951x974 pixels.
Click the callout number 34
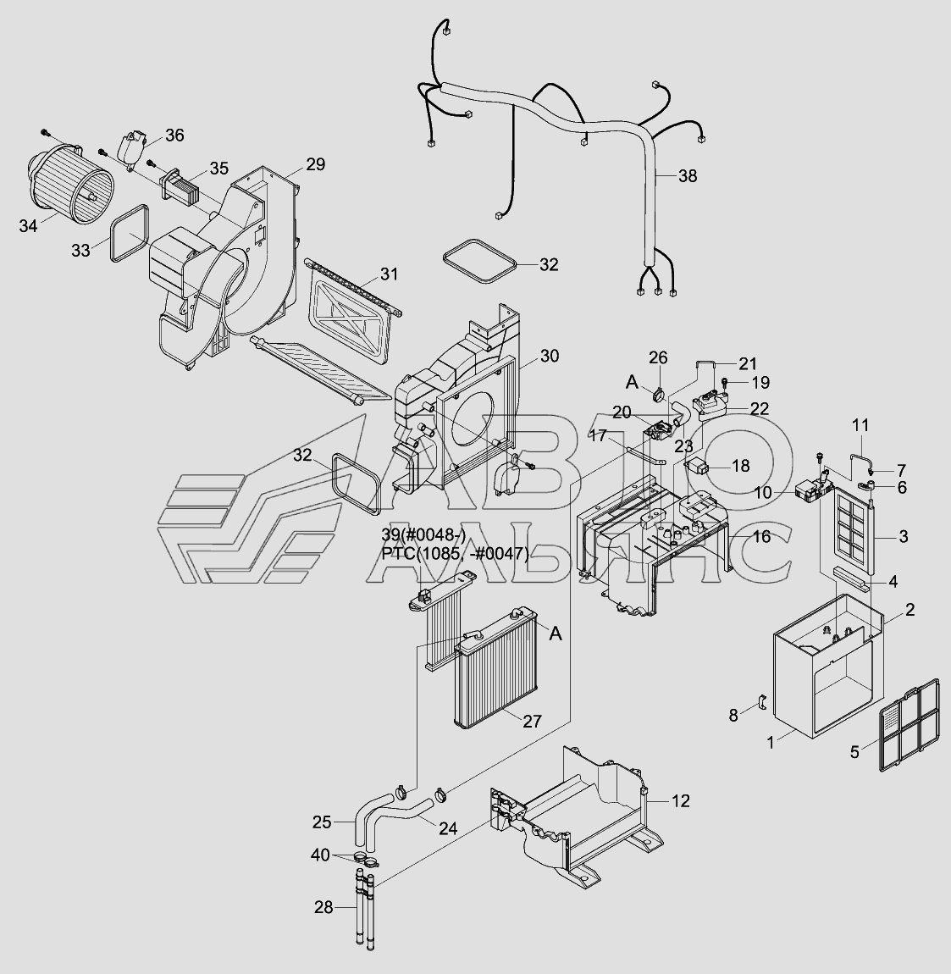[28, 225]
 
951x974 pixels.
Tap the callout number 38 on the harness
[688, 176]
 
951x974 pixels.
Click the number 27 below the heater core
[532, 722]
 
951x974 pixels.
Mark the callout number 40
[320, 855]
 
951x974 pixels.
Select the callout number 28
[323, 908]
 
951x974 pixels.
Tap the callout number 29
[315, 164]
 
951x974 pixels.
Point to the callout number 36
[174, 135]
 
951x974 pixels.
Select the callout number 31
[389, 274]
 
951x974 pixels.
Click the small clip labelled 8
[760, 703]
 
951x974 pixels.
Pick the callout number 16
[760, 536]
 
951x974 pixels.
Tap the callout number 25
[322, 821]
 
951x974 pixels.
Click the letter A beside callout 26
[632, 383]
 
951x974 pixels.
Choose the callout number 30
[549, 356]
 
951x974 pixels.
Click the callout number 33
[80, 251]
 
